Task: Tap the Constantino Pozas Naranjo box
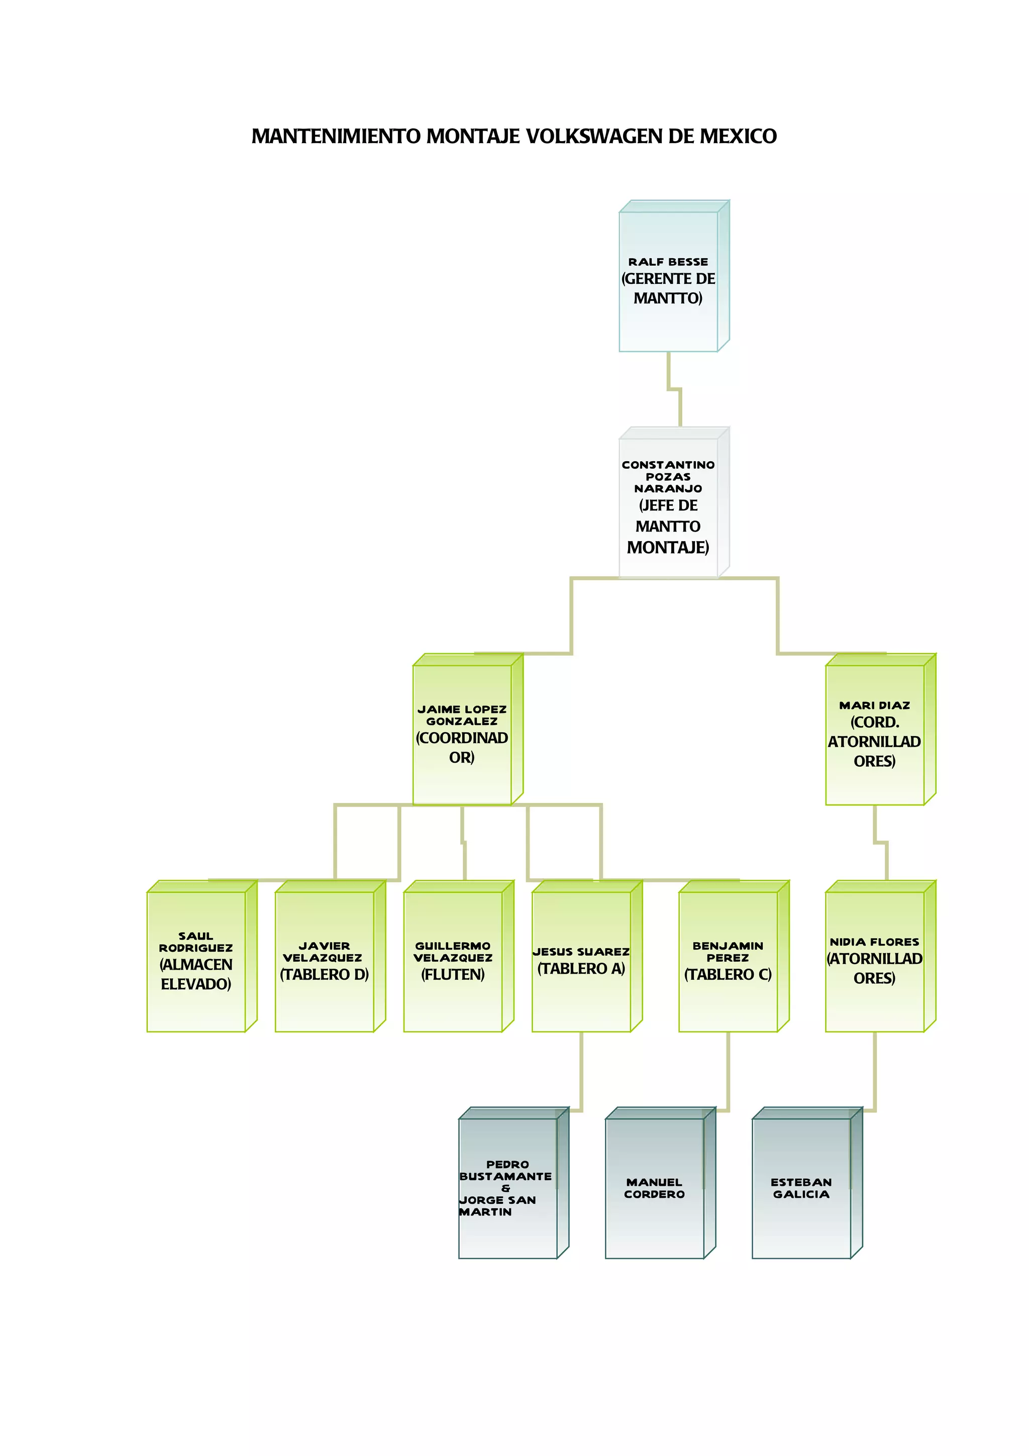point(668,507)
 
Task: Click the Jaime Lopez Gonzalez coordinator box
point(462,735)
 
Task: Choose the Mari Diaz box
point(874,735)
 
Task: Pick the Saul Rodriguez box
point(196,961)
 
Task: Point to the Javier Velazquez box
point(324,961)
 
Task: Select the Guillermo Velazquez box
point(453,961)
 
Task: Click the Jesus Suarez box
point(581,961)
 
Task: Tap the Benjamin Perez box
point(728,961)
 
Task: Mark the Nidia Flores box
point(874,961)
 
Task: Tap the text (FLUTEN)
point(453,975)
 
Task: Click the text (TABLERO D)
point(324,975)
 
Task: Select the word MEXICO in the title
point(738,136)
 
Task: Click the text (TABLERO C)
point(728,975)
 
